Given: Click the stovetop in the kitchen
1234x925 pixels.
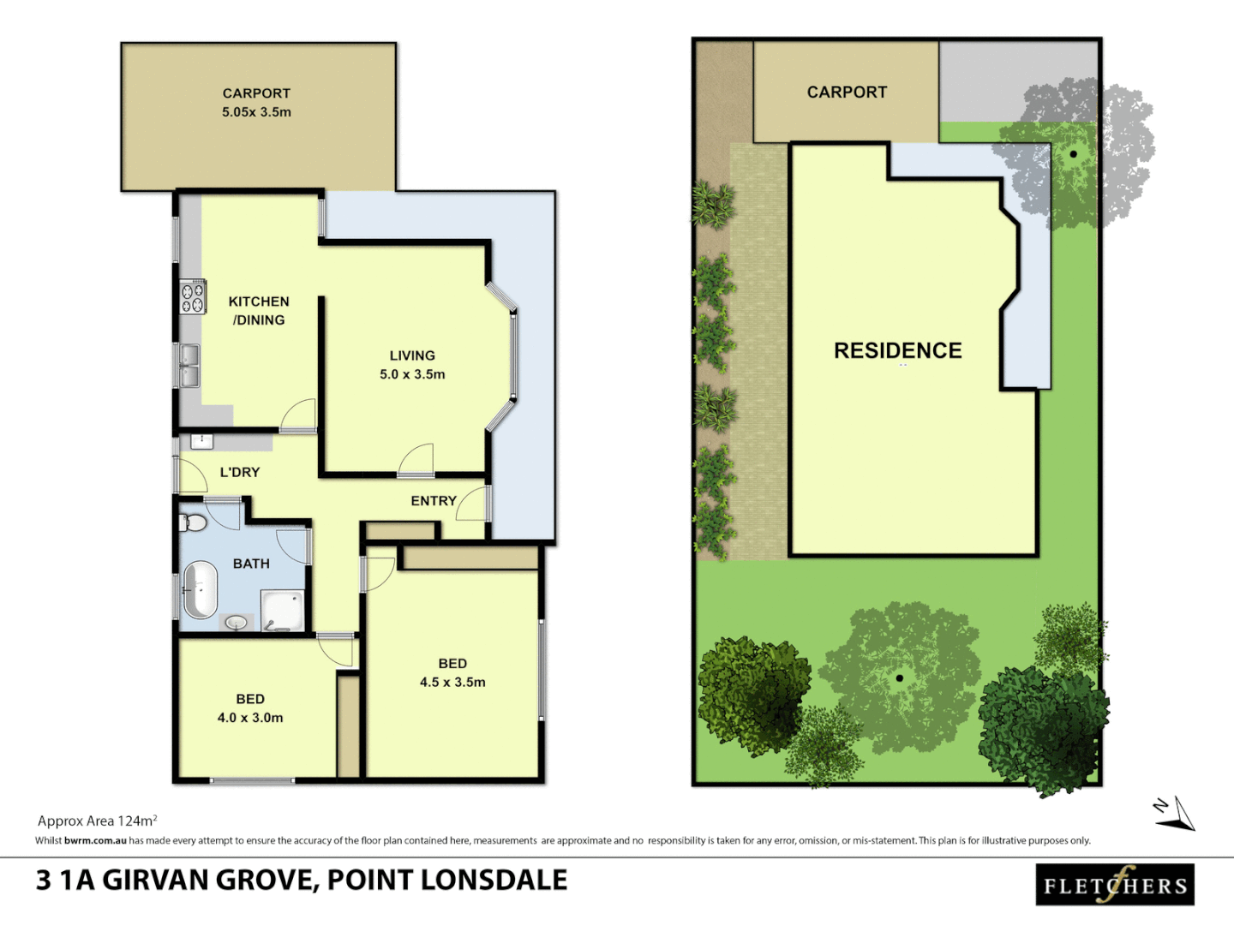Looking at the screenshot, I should pos(193,297).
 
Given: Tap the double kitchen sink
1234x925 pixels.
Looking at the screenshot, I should pos(189,365).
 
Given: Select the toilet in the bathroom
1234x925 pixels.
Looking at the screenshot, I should pos(194,522).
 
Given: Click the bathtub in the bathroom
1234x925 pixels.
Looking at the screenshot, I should pos(201,589).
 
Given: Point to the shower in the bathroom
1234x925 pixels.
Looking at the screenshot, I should pos(283,611).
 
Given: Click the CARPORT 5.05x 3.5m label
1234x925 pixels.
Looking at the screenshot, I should pos(256,103).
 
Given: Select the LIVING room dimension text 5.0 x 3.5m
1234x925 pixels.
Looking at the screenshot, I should pos(412,374).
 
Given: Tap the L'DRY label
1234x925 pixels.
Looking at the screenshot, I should pos(239,472).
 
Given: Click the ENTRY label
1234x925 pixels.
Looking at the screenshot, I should pos(433,501).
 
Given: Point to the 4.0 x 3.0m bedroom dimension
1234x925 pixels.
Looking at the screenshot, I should pos(250,718).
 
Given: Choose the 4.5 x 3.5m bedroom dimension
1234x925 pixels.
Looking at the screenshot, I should pos(452,682).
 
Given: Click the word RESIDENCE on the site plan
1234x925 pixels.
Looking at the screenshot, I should pos(897,350).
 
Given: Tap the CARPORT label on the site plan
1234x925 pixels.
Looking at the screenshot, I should pos(847,92).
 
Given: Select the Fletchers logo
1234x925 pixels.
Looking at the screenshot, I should pos(1115,885).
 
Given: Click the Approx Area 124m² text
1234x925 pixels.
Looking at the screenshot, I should pos(97,821).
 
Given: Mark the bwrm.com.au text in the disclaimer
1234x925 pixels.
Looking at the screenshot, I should pos(95,841).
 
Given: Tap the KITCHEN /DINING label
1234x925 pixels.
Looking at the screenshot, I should pos(258,311).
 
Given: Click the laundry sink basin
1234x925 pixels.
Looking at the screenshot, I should pos(201,441).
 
